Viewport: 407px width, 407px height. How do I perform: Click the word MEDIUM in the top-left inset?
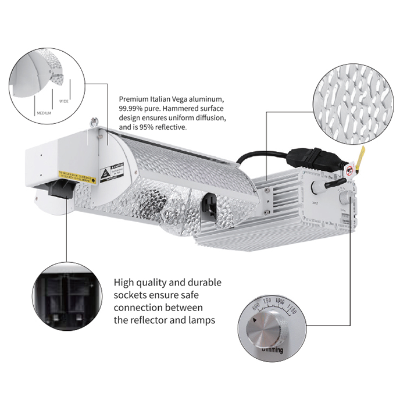(x=44, y=113)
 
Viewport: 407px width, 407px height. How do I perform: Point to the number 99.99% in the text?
(x=130, y=109)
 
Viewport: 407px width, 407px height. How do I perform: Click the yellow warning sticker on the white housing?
(x=76, y=176)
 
